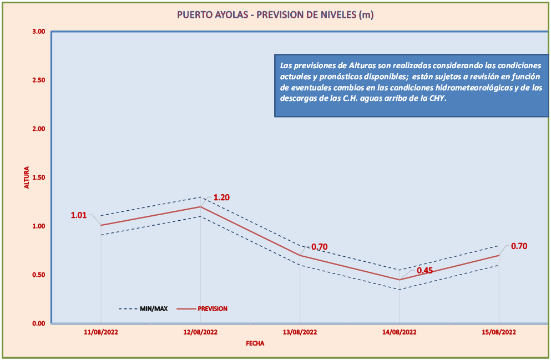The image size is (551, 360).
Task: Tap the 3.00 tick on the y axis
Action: (x=38, y=32)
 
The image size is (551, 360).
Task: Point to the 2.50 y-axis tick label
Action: (x=38, y=80)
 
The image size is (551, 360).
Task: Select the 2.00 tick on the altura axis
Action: (x=38, y=129)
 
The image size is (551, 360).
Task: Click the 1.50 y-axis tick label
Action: (x=38, y=178)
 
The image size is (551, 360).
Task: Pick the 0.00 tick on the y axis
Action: (x=38, y=323)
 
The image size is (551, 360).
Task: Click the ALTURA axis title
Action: (x=26, y=178)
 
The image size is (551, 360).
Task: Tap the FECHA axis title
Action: (x=255, y=343)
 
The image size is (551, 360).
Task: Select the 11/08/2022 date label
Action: (x=101, y=332)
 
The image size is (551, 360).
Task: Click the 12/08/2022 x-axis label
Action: (x=200, y=332)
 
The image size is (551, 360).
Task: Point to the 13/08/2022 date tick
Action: (x=300, y=332)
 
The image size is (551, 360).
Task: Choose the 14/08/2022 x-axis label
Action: (x=400, y=332)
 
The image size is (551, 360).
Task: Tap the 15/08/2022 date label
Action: (x=499, y=332)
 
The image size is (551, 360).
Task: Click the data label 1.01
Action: (x=78, y=215)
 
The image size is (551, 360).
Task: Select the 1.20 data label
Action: (x=221, y=197)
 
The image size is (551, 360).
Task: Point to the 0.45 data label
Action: (x=425, y=271)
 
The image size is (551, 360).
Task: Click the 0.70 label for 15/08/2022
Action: (x=519, y=246)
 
